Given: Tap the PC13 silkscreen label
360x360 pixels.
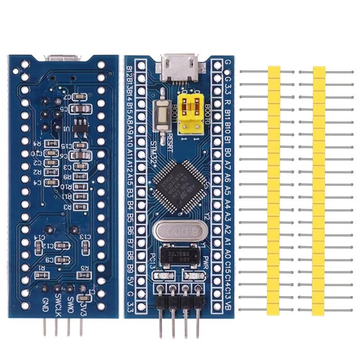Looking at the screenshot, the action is (151, 261).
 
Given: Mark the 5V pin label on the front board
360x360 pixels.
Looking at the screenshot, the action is (130, 283).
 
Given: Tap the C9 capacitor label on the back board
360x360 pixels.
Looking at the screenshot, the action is (49, 260).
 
